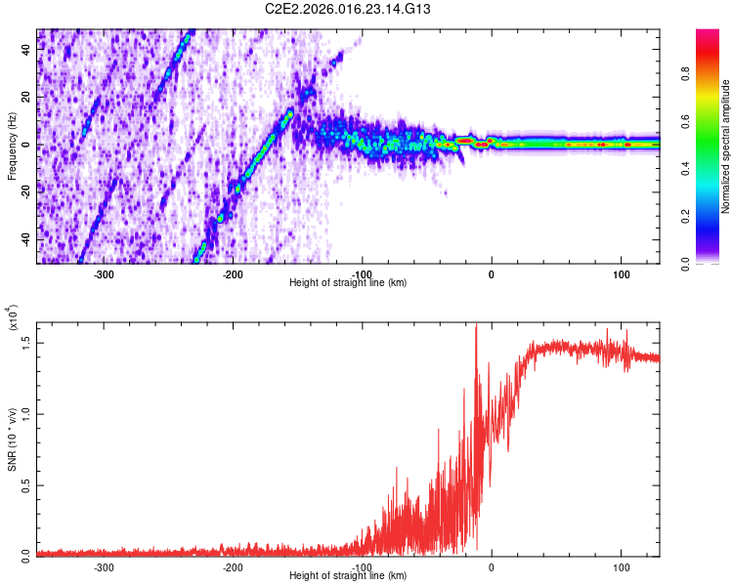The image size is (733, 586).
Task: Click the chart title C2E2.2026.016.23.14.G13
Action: (348, 10)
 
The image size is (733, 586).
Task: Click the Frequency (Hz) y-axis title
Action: (13, 146)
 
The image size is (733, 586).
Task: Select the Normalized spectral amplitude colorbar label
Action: (726, 146)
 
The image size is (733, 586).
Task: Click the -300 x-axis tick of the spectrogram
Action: (104, 272)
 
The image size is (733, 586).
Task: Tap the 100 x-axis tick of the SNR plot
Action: (620, 565)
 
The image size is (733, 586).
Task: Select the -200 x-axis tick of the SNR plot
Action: (233, 565)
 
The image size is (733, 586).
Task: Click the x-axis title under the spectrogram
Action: (348, 283)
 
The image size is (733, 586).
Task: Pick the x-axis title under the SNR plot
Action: (348, 576)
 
